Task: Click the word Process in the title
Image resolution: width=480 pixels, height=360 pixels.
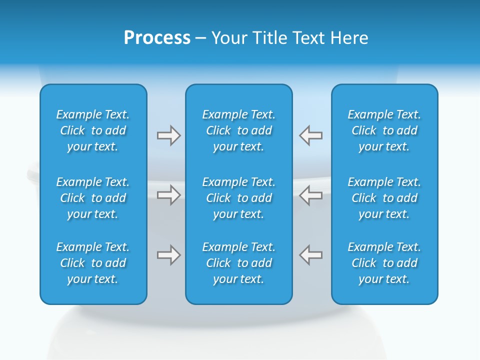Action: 157,38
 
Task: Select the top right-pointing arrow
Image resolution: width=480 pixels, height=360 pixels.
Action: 168,135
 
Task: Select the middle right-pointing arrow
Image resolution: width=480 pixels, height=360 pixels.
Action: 168,195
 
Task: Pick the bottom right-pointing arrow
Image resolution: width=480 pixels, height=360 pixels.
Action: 168,255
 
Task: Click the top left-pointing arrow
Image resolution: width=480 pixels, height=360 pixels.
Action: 311,135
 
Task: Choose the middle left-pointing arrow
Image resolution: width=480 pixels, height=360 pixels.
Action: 311,195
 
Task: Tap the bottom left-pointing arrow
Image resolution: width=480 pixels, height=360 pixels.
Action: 311,255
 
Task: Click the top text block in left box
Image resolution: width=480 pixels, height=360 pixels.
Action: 93,130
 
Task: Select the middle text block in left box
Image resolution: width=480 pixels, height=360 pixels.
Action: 93,198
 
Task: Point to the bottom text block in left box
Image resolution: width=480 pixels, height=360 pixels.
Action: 93,263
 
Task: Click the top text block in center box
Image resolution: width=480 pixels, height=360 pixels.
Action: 238,130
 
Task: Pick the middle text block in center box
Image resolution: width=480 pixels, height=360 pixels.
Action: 238,198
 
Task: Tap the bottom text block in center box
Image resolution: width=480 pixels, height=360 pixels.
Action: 238,263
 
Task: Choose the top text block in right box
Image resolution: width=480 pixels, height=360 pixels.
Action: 384,130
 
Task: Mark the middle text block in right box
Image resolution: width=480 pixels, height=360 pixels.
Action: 384,198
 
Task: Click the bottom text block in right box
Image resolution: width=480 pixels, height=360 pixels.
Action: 384,263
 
